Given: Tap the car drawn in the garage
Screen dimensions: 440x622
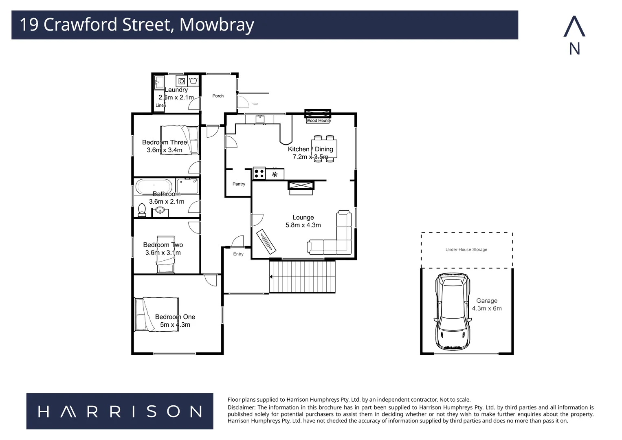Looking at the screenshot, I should coord(452,312).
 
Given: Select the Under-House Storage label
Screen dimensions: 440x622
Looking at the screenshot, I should coord(466,249).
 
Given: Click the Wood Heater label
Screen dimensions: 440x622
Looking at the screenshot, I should coord(319,121).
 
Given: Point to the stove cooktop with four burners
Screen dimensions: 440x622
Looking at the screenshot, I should coord(259,174).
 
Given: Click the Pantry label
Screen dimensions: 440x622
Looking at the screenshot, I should coord(239,184).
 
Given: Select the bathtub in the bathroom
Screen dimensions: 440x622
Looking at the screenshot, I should coord(154,187).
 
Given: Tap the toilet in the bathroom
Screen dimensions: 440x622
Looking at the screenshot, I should coord(142,209).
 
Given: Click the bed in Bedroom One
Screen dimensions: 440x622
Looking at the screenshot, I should coord(157,314).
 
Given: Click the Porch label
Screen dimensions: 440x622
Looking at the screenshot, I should coord(218,96).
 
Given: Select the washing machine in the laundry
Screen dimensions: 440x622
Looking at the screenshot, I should coord(182,81).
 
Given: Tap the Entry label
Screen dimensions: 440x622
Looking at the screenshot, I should coord(238,254).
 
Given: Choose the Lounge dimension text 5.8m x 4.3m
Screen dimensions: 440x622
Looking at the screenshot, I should coord(303,225).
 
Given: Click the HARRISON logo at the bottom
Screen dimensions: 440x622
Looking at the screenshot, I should coord(120,411).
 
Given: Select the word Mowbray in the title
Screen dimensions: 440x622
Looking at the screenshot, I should coord(217,25).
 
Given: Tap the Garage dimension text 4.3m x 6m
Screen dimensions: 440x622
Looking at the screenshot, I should coord(487,308).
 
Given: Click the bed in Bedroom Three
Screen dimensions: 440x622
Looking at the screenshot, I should coord(179,140).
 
